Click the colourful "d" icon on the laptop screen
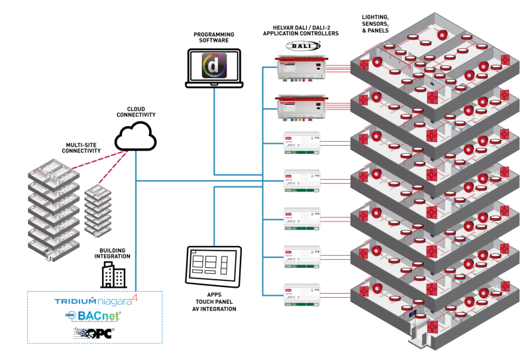pyautogui.click(x=214, y=66)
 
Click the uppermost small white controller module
pyautogui.click(x=302, y=144)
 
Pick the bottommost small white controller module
pyautogui.click(x=302, y=294)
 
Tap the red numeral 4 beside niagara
pyautogui.click(x=135, y=298)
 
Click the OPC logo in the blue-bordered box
pyautogui.click(x=94, y=333)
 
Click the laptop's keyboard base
pyautogui.click(x=214, y=84)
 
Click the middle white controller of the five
pyautogui.click(x=302, y=219)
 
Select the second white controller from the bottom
pyautogui.click(x=302, y=257)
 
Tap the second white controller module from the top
pyautogui.click(x=302, y=181)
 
